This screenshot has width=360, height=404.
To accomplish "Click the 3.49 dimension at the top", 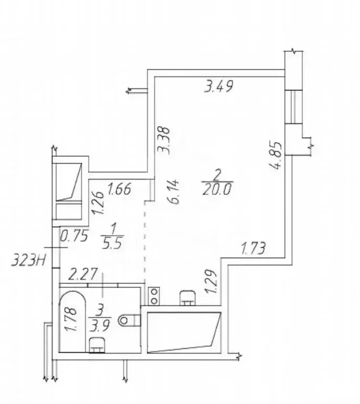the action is click(x=219, y=86).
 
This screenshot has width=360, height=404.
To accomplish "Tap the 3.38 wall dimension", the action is click(x=164, y=140).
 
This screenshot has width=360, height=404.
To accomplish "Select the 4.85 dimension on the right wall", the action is click(x=275, y=155).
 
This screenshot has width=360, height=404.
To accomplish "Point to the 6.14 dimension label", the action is click(x=174, y=191).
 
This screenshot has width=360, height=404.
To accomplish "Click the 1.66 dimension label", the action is click(x=119, y=189).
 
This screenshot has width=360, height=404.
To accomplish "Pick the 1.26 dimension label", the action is click(x=98, y=203).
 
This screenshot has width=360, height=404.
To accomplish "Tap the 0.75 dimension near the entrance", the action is click(x=75, y=236).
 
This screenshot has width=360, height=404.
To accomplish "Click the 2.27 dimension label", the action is click(x=84, y=274).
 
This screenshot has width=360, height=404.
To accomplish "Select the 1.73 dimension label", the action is click(x=253, y=248).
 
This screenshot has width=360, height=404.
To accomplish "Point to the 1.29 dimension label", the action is click(x=211, y=281).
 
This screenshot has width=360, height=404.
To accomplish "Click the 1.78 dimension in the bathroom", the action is click(x=71, y=319).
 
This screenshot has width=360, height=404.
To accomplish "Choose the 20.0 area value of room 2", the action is click(x=217, y=189).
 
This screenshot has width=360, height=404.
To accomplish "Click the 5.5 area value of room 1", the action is click(x=112, y=243).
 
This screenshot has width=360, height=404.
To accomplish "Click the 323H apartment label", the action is click(x=28, y=261).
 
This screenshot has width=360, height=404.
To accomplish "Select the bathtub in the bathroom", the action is click(x=73, y=322).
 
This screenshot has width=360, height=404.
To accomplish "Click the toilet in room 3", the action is click(x=129, y=320).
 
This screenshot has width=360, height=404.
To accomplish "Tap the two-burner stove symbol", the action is click(x=154, y=296).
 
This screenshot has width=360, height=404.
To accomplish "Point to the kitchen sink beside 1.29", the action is click(x=188, y=298).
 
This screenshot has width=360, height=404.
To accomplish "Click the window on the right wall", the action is click(x=293, y=107).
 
